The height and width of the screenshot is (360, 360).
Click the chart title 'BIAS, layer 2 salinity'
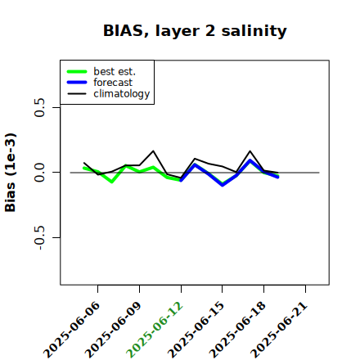click(x=195, y=31)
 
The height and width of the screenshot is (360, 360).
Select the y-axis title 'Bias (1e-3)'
click(x=11, y=173)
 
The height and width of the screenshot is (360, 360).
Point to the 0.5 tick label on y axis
click(x=39, y=107)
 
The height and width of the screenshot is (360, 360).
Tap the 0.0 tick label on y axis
click(x=39, y=173)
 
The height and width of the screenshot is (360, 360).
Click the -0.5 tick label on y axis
click(x=39, y=237)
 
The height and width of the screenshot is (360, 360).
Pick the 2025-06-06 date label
click(x=71, y=330)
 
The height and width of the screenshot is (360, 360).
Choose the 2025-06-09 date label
click(x=113, y=330)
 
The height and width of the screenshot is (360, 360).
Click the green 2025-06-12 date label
click(x=155, y=330)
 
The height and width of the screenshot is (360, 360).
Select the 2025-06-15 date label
click(x=196, y=330)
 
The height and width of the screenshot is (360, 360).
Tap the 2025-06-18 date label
click(x=237, y=330)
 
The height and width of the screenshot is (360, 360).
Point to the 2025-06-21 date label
click(x=279, y=330)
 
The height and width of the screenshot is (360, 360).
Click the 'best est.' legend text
click(x=115, y=71)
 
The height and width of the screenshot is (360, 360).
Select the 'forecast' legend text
click(x=113, y=83)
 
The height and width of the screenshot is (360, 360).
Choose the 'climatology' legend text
click(x=122, y=94)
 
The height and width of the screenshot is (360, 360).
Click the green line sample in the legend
click(x=77, y=71)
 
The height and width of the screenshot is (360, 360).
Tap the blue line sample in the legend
click(x=77, y=83)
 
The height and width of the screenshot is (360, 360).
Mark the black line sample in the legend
click(x=77, y=94)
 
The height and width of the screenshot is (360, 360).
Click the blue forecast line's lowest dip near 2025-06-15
click(x=223, y=185)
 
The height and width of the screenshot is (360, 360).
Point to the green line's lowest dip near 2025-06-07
click(x=112, y=182)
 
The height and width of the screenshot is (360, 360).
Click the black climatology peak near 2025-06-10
click(x=153, y=151)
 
